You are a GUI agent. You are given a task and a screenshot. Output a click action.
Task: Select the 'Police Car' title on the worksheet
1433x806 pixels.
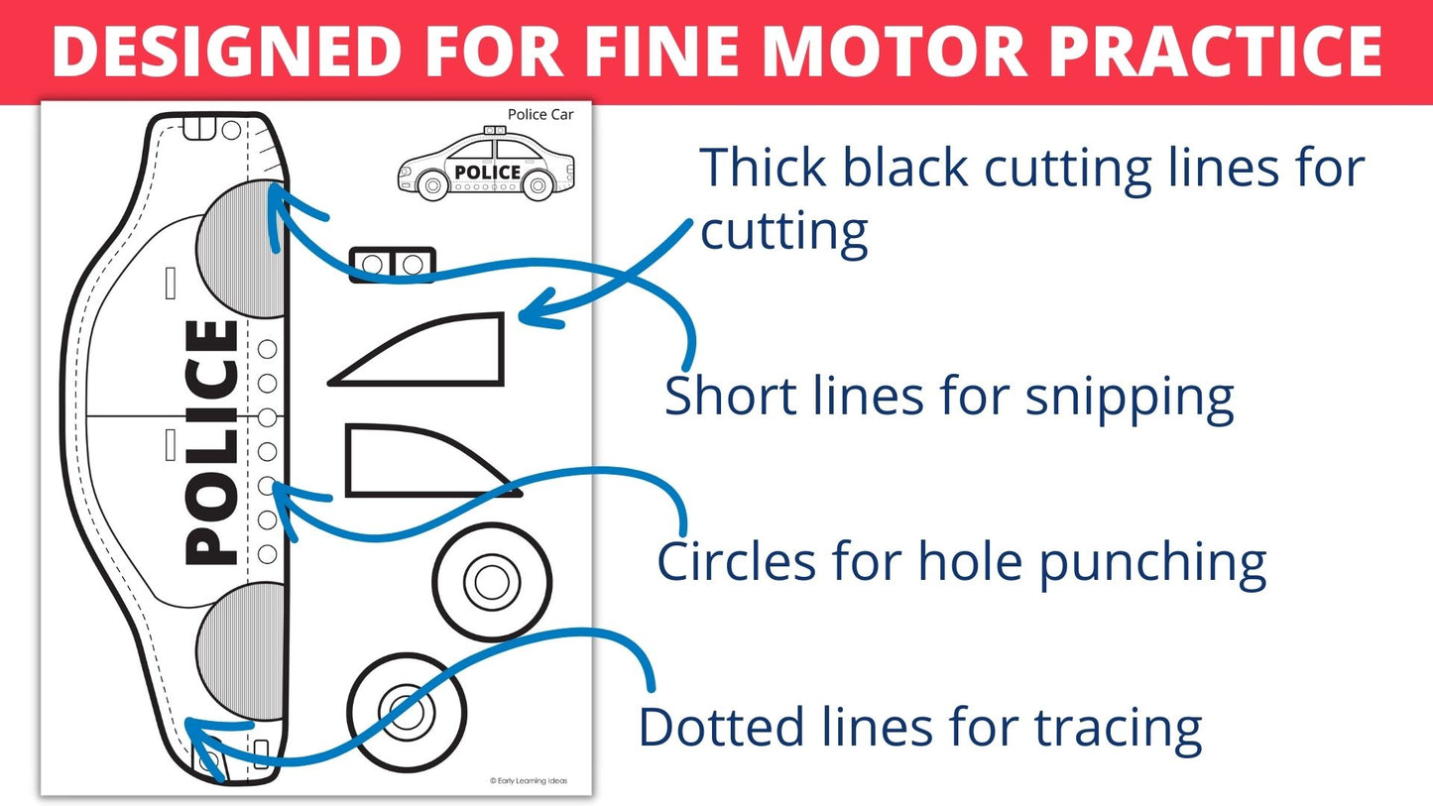[x=540, y=115]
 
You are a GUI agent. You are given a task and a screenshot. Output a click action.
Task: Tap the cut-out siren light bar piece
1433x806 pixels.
[x=393, y=265]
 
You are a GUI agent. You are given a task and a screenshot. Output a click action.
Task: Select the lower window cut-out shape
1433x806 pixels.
[x=417, y=461]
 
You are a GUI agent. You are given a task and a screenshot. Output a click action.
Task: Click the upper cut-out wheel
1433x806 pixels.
[x=492, y=582]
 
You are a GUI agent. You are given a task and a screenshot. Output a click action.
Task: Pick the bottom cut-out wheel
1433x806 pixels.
[x=407, y=711]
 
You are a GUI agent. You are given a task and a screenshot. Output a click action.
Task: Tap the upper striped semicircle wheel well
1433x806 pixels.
[x=244, y=250]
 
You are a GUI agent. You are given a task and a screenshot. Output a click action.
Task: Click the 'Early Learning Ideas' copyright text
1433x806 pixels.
[x=529, y=781]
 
